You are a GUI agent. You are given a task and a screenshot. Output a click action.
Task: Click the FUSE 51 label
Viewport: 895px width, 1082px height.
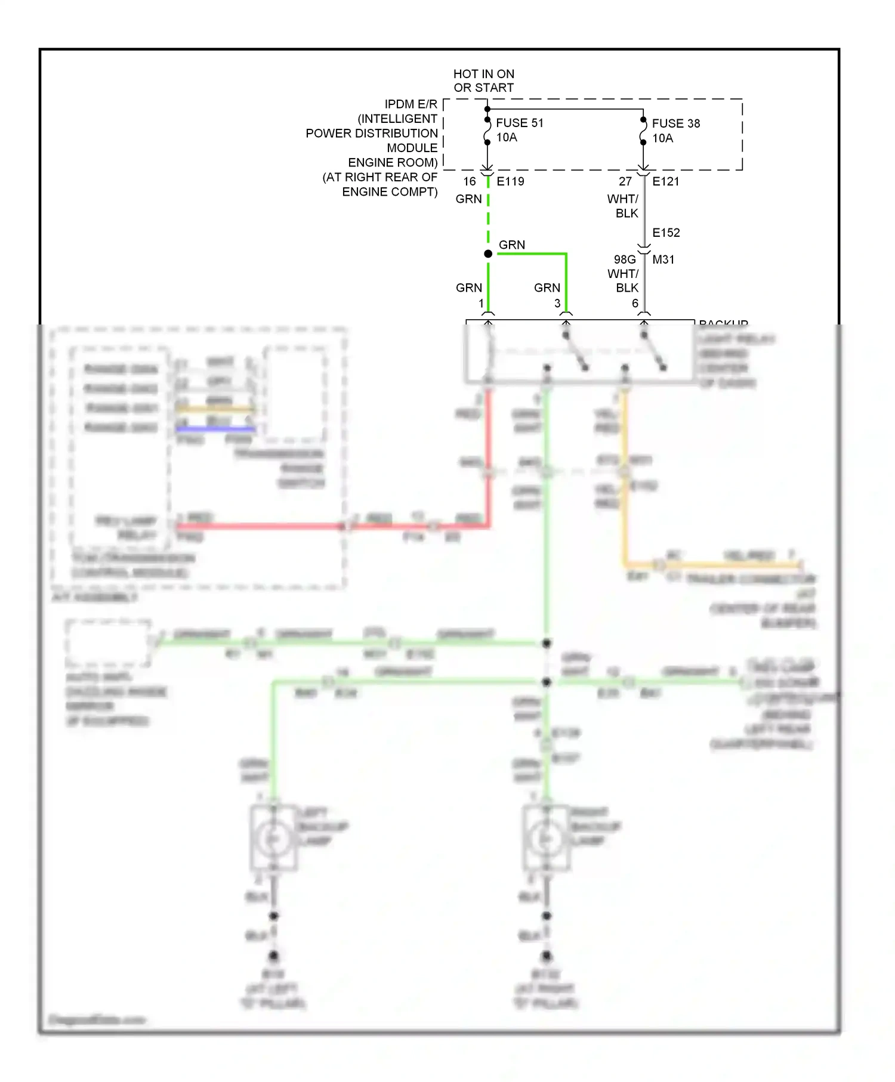point(519,123)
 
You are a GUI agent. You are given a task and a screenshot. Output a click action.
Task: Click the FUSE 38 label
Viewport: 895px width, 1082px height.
point(675,123)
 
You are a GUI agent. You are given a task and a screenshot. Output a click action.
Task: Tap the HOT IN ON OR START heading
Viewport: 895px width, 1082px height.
point(483,81)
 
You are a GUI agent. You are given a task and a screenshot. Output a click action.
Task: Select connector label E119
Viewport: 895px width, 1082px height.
point(510,181)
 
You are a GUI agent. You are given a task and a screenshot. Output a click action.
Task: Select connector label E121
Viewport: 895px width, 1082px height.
point(665,181)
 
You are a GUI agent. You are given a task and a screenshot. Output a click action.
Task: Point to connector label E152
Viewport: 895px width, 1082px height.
point(666,233)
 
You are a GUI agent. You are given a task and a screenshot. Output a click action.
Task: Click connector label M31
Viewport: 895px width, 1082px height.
point(663,259)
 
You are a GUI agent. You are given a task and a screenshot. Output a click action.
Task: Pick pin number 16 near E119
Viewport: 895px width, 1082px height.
point(470,181)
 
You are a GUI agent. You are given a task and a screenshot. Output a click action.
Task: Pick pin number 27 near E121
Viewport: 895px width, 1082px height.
point(625,181)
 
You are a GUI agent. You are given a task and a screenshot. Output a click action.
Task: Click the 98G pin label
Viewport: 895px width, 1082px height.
point(625,259)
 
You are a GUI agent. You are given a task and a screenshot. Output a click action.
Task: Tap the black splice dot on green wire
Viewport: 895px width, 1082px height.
point(488,254)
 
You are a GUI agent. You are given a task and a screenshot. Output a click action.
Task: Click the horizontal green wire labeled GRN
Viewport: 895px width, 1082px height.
point(531,254)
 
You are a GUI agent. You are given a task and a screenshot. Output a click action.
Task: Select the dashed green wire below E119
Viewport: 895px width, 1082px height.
point(488,215)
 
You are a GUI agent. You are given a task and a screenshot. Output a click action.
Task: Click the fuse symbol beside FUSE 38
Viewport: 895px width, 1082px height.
point(643,131)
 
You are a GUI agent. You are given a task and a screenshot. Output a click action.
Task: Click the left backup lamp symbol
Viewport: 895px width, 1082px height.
point(274,839)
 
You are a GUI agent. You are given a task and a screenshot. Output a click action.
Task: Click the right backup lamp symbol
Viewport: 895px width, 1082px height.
point(546,839)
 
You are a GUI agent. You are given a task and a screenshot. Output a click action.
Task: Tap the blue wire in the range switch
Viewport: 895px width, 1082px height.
point(215,428)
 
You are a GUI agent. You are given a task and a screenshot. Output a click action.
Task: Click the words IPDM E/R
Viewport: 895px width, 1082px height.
point(411,104)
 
